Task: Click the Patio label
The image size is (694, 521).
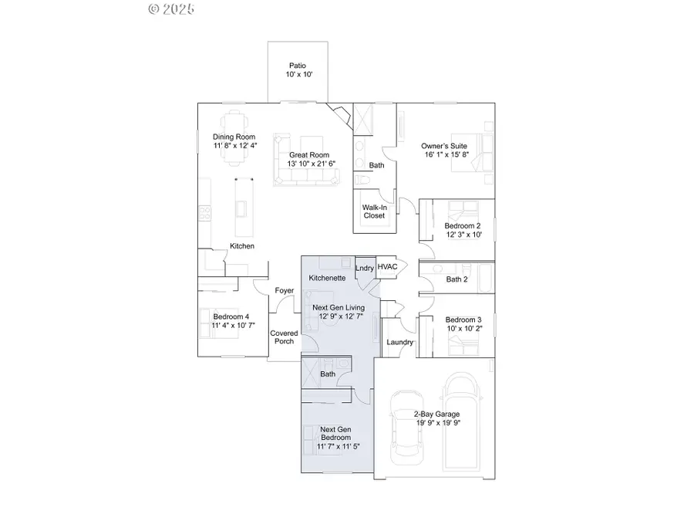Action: tap(297, 66)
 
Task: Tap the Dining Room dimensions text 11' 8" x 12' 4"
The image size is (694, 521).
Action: tap(234, 145)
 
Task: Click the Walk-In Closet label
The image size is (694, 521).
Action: tap(374, 211)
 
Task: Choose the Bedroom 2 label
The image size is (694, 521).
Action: tap(463, 226)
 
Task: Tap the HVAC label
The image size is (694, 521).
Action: tap(387, 267)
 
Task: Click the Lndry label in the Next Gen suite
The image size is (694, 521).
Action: tap(364, 268)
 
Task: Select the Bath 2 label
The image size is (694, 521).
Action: tap(456, 279)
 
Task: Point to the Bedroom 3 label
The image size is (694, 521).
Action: tap(463, 320)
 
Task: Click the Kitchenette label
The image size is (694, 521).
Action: tap(326, 277)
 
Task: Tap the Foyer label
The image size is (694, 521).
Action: tap(285, 291)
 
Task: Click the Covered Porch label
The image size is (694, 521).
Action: tap(284, 337)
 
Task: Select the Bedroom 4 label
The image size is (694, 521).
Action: tap(231, 316)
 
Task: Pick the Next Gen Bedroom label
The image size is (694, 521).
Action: tap(338, 433)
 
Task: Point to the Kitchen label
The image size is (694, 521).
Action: tap(241, 246)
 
